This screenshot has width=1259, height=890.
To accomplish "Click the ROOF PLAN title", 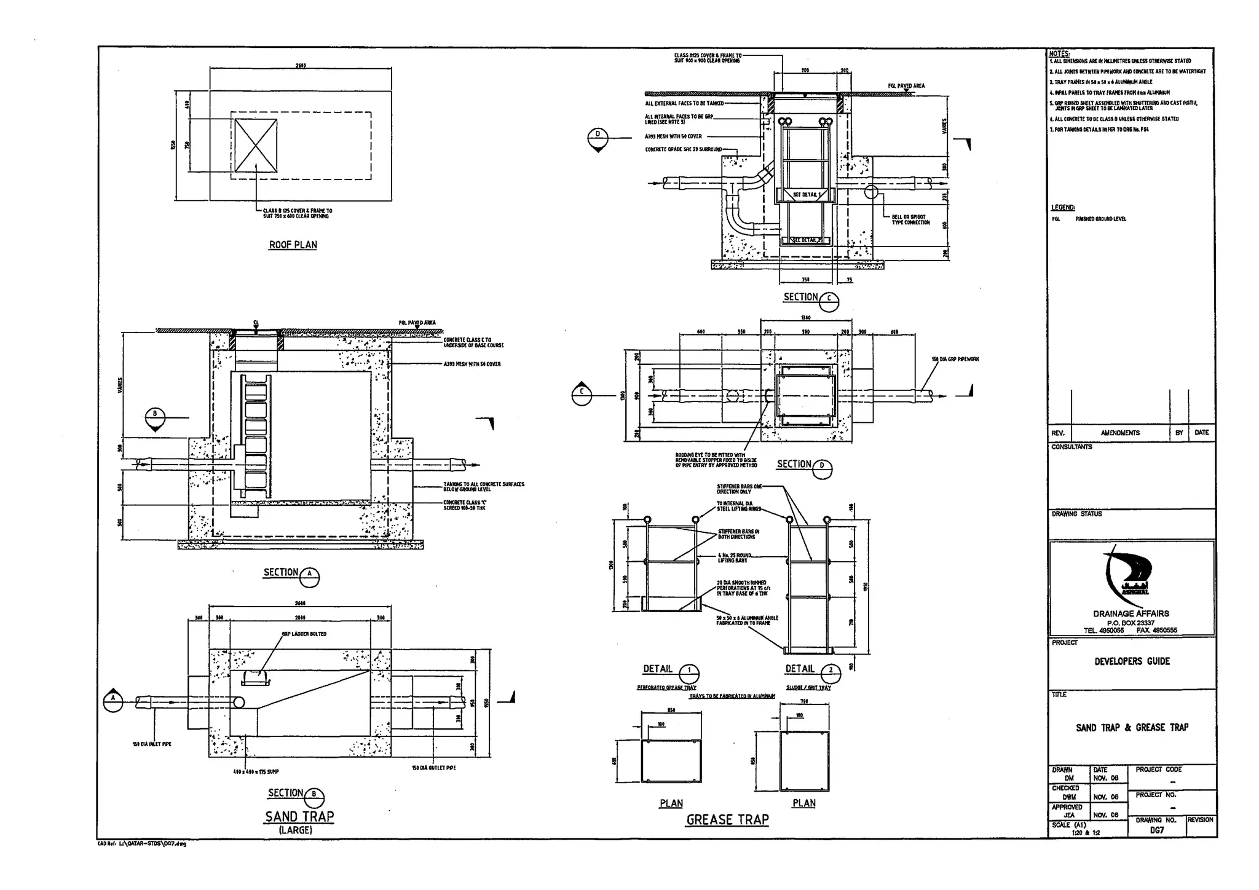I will tap(293, 245).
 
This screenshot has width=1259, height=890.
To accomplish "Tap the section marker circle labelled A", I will tap(113, 701).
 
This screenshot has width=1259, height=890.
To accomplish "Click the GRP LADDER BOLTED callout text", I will tap(304, 634).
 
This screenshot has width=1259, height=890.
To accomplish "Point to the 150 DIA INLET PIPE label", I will tap(152, 744).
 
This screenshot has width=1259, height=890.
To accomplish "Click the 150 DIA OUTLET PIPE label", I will tap(433, 768).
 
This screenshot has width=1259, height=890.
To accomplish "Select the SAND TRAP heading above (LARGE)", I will tap(299, 816).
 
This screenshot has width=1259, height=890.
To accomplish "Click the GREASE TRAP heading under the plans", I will tap(727, 819).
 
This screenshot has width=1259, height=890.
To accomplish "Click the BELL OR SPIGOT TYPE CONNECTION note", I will tap(910, 219).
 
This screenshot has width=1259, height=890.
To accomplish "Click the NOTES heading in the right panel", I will tap(1059, 54).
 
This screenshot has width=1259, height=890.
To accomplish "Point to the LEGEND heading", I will tap(1063, 208).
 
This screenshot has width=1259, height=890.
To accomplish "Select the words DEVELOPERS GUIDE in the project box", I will tap(1132, 661).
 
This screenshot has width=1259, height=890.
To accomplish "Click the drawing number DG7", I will tap(1156, 830).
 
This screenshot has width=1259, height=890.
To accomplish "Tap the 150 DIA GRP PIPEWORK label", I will tap(955, 359).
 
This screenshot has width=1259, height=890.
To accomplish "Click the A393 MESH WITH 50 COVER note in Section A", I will tap(472, 364).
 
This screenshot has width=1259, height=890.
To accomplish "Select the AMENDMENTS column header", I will tap(1119, 433).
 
